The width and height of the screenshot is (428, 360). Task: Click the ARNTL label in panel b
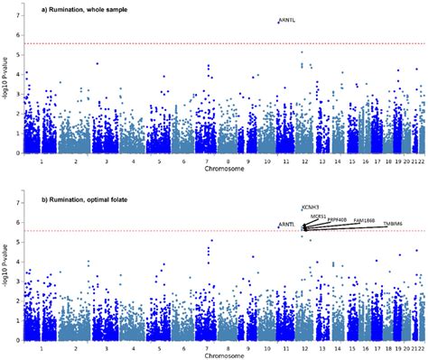pos(286,223)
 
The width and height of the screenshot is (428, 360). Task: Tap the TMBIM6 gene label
pos(393,222)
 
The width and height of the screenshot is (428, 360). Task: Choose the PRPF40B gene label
pos(339,218)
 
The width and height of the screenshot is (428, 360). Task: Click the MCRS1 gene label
pos(318,216)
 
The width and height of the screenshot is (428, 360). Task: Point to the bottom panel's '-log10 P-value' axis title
pos(5,271)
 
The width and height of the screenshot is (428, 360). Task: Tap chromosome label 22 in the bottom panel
pos(421,346)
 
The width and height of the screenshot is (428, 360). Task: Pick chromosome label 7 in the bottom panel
pos(209,346)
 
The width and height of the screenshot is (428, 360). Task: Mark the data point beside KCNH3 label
pos(301,208)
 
